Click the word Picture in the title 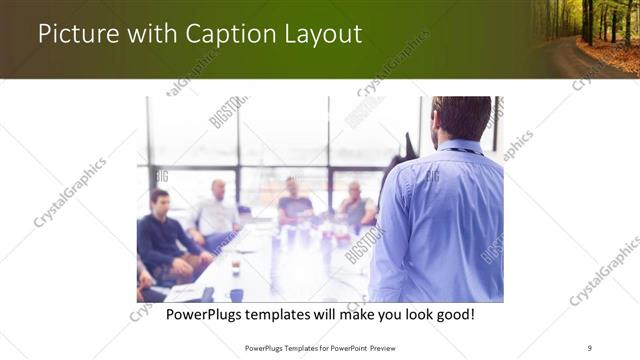[x=76, y=34]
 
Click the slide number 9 [x=590, y=347]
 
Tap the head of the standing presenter [x=461, y=118]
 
